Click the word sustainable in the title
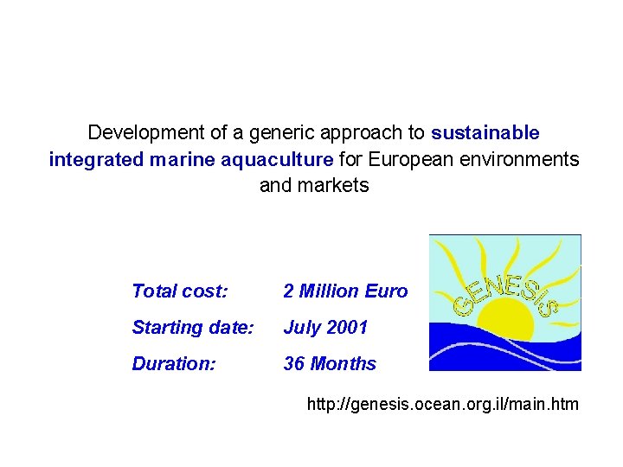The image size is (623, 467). (485, 133)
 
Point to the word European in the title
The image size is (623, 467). (404, 159)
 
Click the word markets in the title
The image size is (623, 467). (332, 185)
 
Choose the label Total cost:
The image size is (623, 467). (180, 291)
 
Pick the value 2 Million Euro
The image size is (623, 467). (345, 291)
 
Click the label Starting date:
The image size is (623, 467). (192, 328)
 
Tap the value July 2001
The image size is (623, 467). (325, 328)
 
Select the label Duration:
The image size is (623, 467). (173, 364)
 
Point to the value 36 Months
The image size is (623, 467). (330, 364)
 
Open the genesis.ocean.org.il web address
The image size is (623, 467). (443, 403)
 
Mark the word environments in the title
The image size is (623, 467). (524, 159)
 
